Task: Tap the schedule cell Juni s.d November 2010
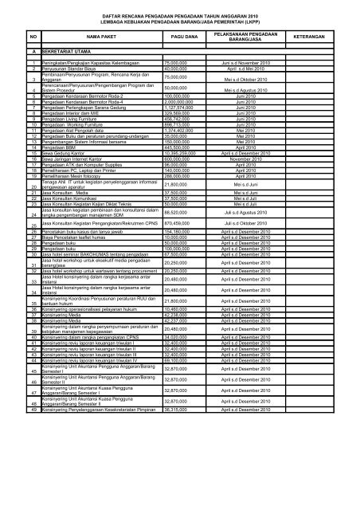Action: point(249,61)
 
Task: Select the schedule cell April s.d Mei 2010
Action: point(250,67)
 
